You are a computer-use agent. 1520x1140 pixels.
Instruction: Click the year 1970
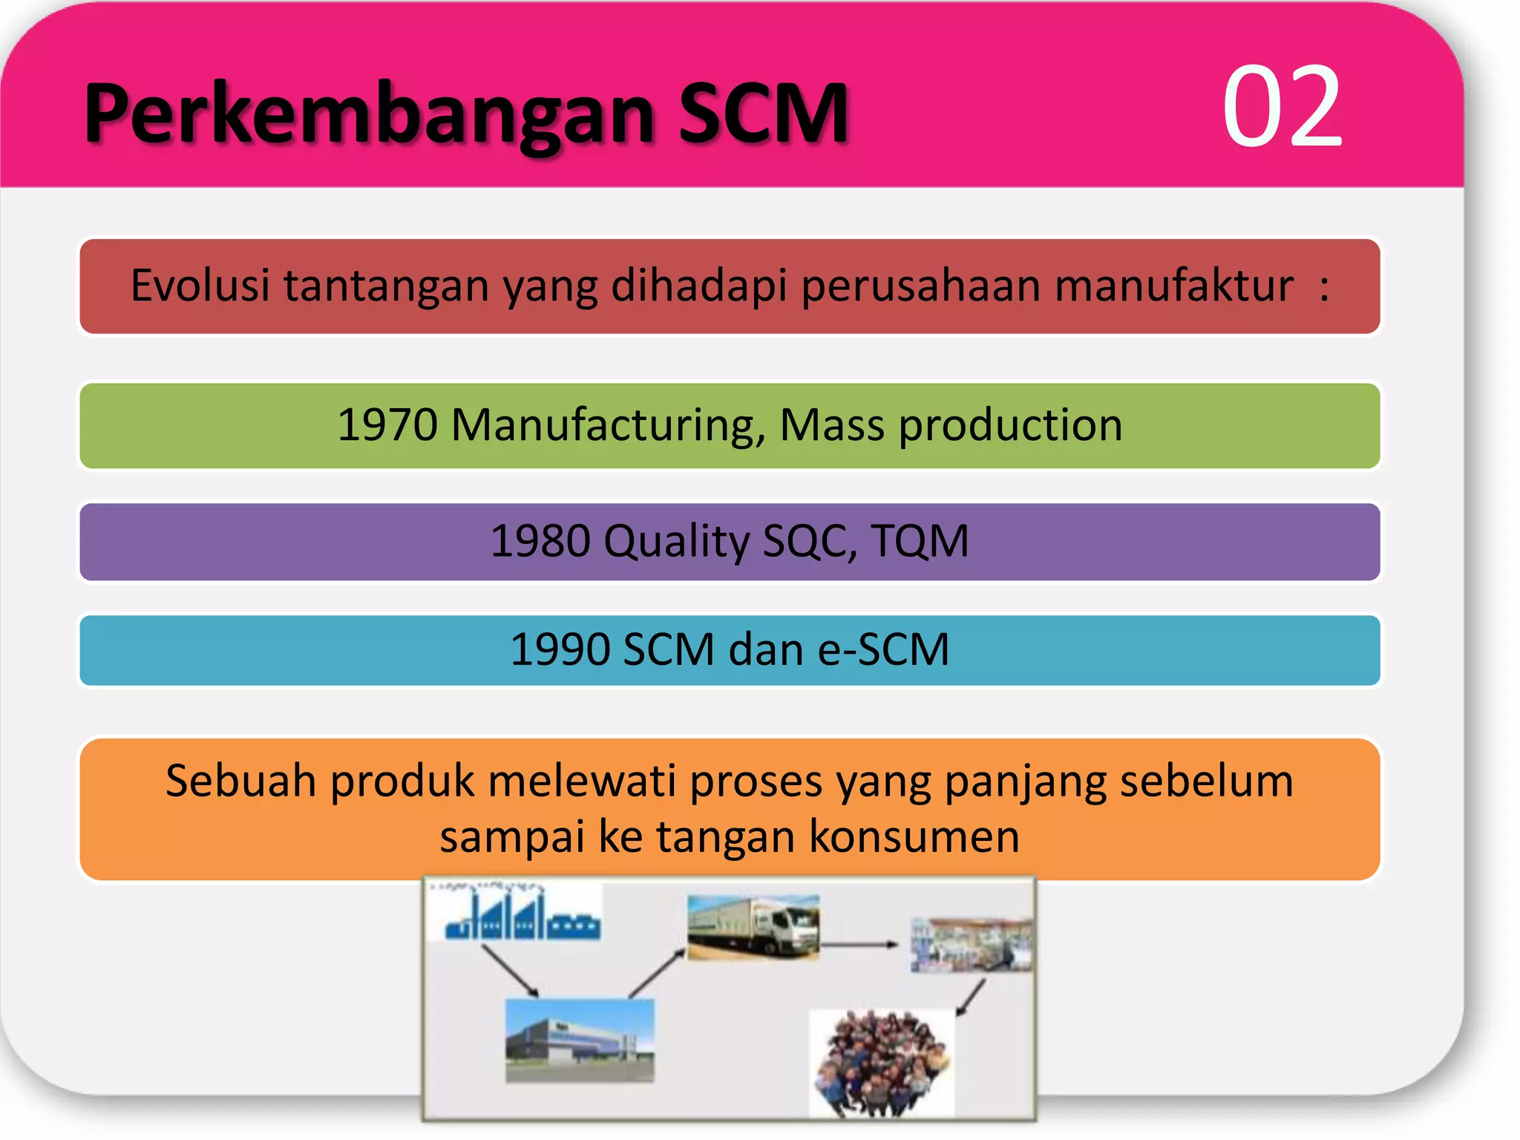point(387,425)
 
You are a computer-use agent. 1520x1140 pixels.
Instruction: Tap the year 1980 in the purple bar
point(540,540)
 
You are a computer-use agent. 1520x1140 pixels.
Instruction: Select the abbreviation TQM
point(920,540)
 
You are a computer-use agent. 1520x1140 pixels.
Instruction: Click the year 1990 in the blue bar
point(560,649)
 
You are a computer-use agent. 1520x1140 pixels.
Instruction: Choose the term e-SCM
point(883,649)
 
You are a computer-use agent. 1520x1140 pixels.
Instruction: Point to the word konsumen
point(914,836)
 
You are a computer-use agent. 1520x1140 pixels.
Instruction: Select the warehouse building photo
point(580,1041)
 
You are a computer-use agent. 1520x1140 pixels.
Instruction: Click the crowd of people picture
point(882,1063)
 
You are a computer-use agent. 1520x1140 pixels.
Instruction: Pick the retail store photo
point(971,945)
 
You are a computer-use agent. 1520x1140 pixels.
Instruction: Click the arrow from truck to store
point(859,945)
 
